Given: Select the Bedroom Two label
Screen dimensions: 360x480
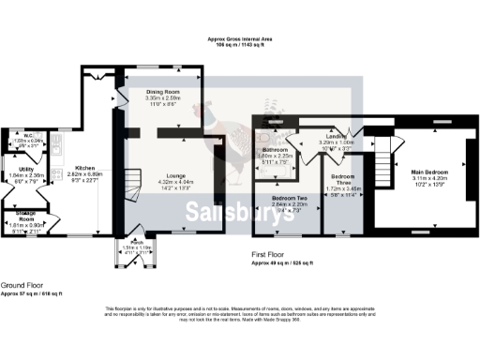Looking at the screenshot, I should click(x=289, y=199).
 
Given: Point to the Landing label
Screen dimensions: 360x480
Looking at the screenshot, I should click(x=337, y=136).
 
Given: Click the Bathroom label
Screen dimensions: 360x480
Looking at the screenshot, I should click(x=276, y=150).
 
